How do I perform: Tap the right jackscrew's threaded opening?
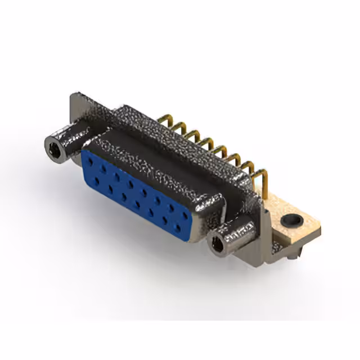217,243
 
